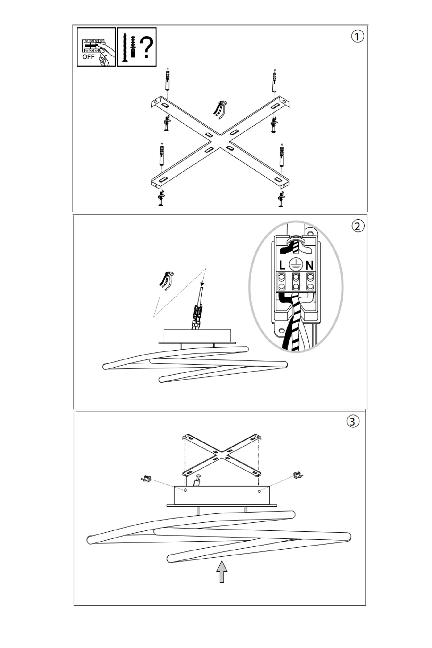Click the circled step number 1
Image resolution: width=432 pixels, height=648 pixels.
358,36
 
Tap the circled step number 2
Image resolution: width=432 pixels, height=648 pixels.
358,226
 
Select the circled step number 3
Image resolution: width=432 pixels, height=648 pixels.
353,421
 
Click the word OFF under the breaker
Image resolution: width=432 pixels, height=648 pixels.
88,57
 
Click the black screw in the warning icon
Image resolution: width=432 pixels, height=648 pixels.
125,48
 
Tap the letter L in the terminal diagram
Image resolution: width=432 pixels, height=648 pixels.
282,265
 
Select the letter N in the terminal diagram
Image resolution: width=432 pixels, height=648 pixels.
309,265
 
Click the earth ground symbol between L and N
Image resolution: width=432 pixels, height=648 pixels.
295,265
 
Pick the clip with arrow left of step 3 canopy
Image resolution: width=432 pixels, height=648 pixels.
146,479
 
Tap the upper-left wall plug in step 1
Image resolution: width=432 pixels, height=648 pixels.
168,80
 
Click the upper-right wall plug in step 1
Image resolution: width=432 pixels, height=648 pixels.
274,82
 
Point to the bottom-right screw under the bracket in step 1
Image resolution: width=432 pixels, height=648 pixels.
281,199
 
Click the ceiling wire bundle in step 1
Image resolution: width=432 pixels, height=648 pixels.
220,109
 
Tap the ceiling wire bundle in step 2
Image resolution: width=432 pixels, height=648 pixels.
167,280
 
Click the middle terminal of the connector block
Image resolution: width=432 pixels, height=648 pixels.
296,281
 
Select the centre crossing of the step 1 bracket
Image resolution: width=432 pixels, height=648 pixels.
220,142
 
